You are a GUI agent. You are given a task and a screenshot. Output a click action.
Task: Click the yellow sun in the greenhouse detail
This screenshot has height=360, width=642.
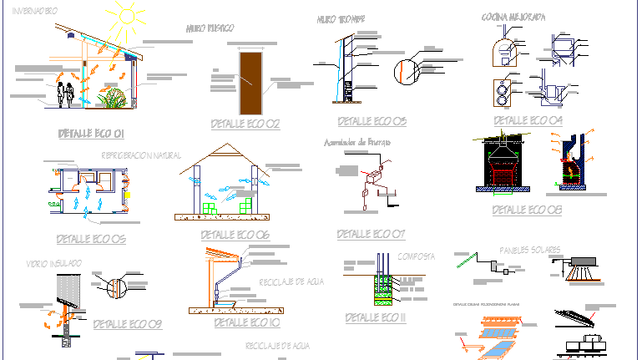click(128, 14)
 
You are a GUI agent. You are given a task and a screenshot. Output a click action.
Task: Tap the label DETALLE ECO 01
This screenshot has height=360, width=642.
click(91, 134)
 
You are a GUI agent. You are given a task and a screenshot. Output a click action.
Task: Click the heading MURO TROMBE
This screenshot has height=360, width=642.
click(341, 18)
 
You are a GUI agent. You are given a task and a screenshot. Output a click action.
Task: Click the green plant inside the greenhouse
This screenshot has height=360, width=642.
click(114, 99)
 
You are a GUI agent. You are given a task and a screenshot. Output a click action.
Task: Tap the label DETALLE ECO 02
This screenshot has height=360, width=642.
click(245, 124)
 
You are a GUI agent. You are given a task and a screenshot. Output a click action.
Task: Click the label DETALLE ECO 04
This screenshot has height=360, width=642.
click(528, 120)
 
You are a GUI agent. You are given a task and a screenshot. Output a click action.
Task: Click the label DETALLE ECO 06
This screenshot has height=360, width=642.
click(235, 235)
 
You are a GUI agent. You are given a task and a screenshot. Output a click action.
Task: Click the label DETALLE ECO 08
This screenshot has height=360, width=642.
click(528, 209)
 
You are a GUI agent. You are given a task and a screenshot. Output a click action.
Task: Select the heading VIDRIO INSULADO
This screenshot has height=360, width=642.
click(54, 263)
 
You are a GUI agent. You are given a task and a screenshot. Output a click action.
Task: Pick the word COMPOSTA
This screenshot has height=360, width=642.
click(417, 256)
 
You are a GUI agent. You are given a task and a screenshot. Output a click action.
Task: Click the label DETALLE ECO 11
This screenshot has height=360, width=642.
click(375, 317)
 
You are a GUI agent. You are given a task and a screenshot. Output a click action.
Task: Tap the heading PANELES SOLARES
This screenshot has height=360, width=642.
click(531, 250)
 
